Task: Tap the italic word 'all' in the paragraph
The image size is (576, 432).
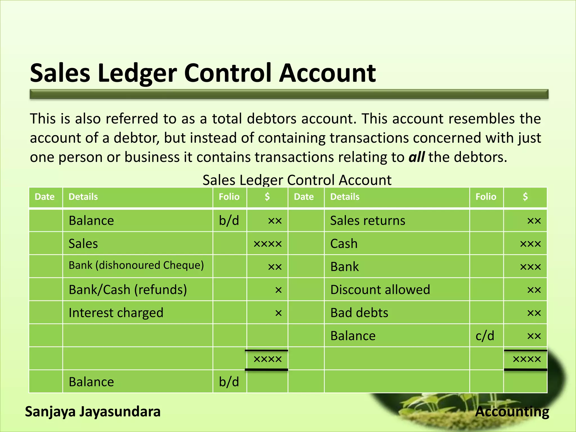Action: tap(417, 157)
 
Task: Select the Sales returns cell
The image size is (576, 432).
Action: tap(368, 220)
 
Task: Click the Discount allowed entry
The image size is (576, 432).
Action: tap(380, 290)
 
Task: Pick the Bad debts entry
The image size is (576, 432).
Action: tap(359, 313)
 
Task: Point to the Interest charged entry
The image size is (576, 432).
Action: tap(116, 313)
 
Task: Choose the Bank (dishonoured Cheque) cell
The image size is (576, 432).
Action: tap(136, 265)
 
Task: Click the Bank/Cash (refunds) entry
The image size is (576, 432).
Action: tap(128, 290)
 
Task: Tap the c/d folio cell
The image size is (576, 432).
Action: tap(485, 336)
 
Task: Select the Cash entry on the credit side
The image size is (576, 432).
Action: tap(344, 244)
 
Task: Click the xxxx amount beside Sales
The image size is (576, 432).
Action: tap(267, 244)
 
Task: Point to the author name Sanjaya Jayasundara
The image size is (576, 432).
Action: tap(93, 411)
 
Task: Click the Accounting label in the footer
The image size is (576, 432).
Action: tap(512, 411)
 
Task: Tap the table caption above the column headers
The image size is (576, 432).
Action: tap(297, 180)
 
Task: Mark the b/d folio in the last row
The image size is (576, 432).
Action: tap(229, 382)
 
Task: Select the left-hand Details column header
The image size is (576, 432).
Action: tap(83, 197)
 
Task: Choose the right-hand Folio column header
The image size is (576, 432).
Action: tap(486, 197)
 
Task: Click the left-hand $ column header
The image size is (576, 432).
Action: tap(267, 197)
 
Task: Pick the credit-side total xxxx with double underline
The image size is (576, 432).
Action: tap(527, 359)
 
